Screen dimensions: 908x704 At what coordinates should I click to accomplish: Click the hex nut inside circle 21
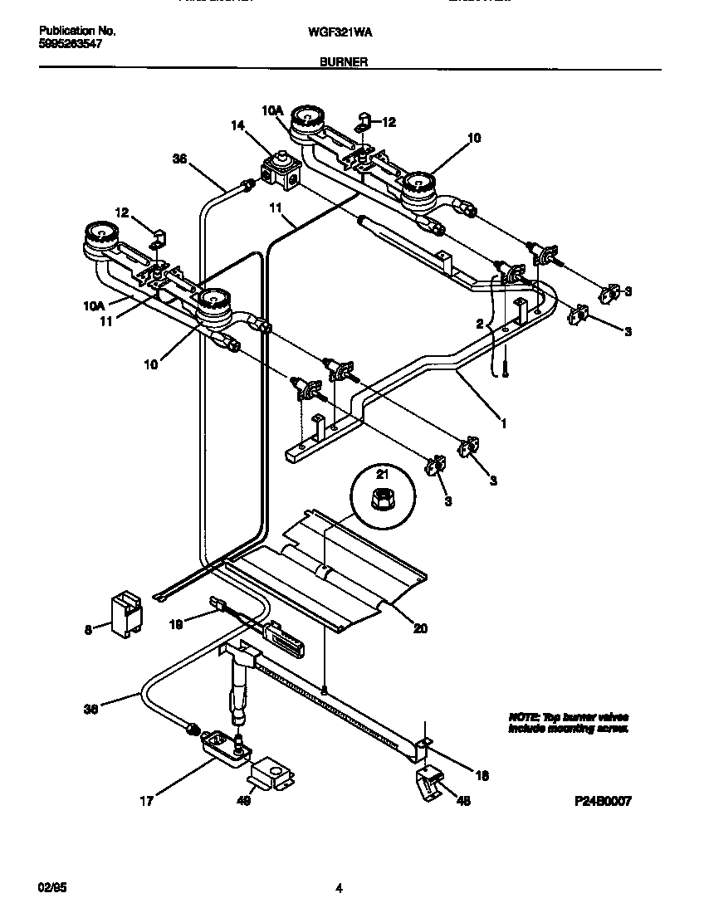click(384, 500)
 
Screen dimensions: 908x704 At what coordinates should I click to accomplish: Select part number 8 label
click(88, 629)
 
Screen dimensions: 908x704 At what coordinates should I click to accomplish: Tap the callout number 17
click(145, 801)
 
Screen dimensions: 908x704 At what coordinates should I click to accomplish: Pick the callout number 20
click(420, 628)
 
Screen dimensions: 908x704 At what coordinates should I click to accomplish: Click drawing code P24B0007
click(603, 801)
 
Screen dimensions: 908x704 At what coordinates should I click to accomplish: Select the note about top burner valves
click(568, 722)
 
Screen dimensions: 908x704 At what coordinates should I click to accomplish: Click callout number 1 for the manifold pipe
click(502, 421)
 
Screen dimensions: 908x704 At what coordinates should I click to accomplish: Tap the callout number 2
click(479, 325)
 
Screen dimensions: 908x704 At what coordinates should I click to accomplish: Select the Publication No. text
click(77, 31)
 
